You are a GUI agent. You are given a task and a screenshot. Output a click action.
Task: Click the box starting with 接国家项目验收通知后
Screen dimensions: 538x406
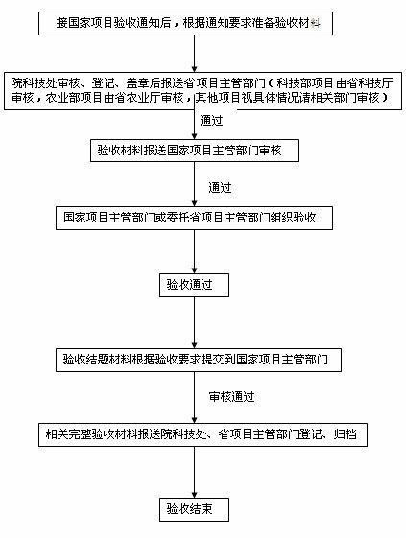click(187, 22)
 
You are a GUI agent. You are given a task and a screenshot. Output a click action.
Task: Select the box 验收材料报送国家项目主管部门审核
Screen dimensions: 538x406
click(196, 152)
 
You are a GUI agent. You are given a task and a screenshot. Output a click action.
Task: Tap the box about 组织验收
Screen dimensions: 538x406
click(197, 218)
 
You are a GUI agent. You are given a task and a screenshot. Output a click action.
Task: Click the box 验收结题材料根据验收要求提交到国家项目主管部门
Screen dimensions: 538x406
click(196, 360)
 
